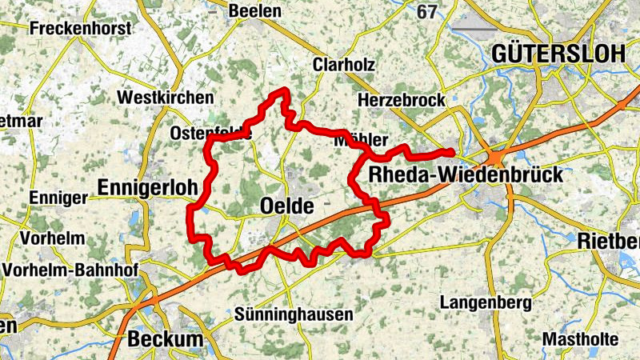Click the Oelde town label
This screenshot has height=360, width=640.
[x=287, y=206]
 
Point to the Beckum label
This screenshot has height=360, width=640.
[x=166, y=339]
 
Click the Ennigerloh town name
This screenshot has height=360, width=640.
[x=147, y=187]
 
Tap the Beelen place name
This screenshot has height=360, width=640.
[x=255, y=10]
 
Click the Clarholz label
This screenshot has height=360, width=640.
[x=345, y=64]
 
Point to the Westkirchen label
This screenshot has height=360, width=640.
[x=166, y=97]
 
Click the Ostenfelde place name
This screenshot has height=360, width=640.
[x=210, y=134]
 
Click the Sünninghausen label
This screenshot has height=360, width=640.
[x=294, y=314]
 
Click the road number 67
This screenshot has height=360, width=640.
[x=428, y=11]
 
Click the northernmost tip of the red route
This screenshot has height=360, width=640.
[x=282, y=90]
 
